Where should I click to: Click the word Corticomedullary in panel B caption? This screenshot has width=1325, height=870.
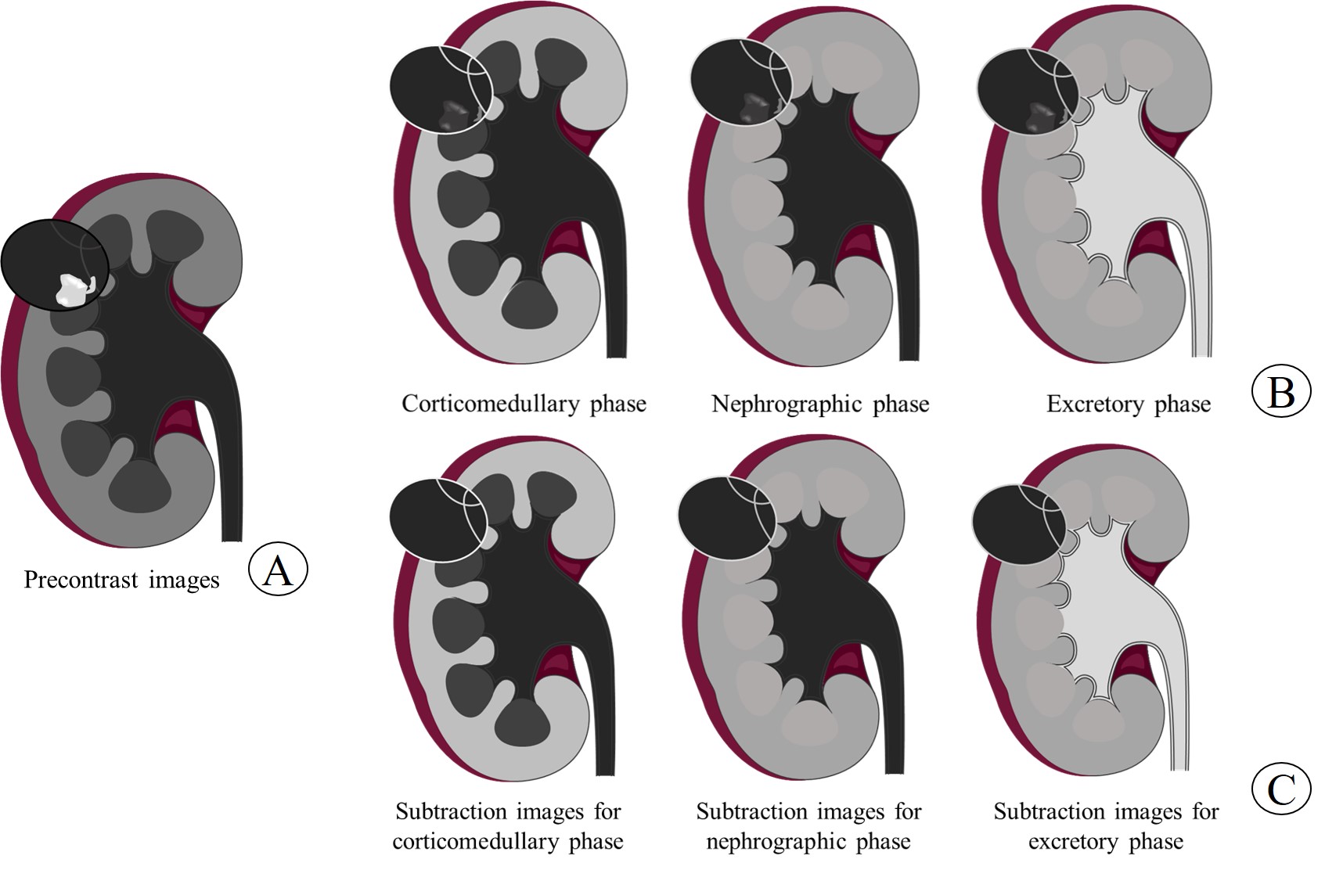(x=491, y=404)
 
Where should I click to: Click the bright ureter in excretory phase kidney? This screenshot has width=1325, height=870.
(x=1198, y=297)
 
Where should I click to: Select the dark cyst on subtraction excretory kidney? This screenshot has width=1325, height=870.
(x=1014, y=523)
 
